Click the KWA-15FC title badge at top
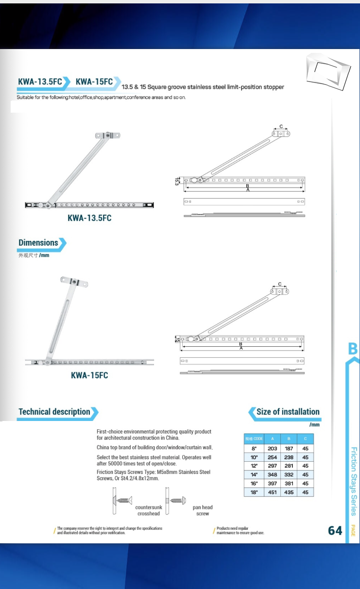coord(94,82)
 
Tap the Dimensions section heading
coord(39,243)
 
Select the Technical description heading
coord(55,412)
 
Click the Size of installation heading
coord(288,412)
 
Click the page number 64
coord(335,530)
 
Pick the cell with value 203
coord(272,449)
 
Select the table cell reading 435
coord(289,492)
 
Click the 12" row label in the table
coord(254,466)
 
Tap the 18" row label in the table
coord(254,492)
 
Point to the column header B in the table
coord(289,438)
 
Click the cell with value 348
coord(272,475)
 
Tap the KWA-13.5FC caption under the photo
coord(89,218)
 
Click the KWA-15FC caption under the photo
coord(89,375)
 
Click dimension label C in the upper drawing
coord(281,127)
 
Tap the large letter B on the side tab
coord(353,349)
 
